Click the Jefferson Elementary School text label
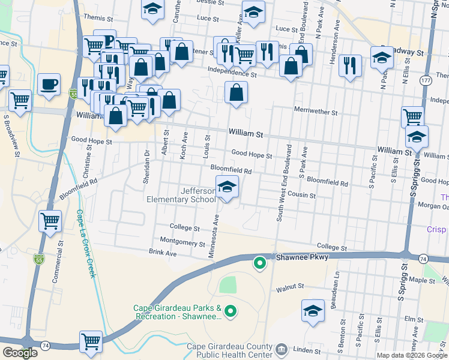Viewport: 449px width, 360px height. pyautogui.click(x=181, y=195)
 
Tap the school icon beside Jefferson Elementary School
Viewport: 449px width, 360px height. pyautogui.click(x=227, y=188)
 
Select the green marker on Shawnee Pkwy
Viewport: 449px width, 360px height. pyautogui.click(x=259, y=262)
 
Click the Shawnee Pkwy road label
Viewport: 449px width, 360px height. pyautogui.click(x=300, y=257)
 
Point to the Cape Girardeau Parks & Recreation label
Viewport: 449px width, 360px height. pyautogui.click(x=177, y=313)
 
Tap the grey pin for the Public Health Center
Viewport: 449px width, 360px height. pyautogui.click(x=280, y=349)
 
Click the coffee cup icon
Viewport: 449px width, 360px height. pyautogui.click(x=49, y=84)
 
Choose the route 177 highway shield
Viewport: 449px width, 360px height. pyautogui.click(x=426, y=80)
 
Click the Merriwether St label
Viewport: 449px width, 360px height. pyautogui.click(x=316, y=112)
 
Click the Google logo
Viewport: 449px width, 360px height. pyautogui.click(x=20, y=353)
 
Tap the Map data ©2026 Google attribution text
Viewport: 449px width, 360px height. pyautogui.click(x=411, y=355)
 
